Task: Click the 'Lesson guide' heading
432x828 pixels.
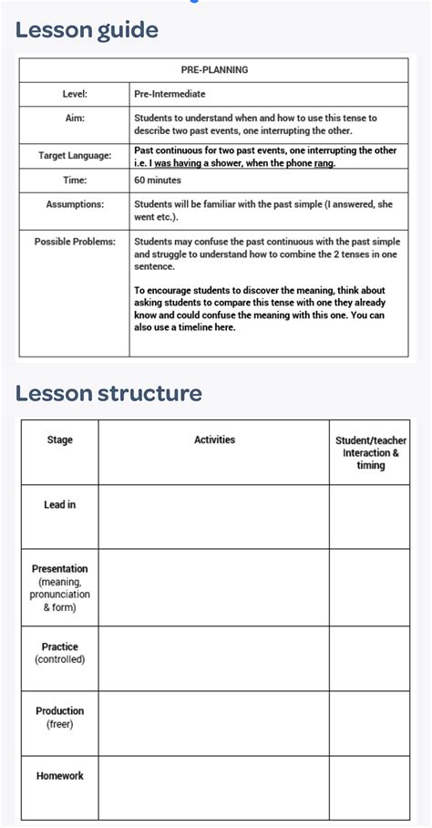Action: (87, 30)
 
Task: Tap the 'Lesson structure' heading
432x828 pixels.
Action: (108, 393)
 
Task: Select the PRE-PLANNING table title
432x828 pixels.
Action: (214, 69)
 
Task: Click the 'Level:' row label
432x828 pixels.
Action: (74, 94)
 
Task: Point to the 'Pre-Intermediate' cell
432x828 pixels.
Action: (170, 94)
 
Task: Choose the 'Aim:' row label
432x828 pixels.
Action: (74, 118)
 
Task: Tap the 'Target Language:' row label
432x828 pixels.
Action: (75, 156)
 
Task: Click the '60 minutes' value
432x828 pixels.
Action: (158, 181)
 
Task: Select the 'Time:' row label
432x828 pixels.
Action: (74, 181)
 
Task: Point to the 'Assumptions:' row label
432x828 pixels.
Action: (75, 205)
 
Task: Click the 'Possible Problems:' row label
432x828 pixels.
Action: (75, 242)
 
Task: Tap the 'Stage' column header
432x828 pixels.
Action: (59, 440)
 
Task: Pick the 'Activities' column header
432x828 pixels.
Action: (214, 440)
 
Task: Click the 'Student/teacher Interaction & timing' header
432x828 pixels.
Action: (370, 452)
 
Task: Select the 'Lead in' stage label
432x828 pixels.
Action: (59, 504)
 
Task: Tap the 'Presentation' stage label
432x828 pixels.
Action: (59, 569)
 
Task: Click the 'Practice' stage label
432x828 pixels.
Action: (59, 647)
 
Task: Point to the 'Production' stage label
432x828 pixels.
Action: (59, 711)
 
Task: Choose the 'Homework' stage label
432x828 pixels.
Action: (59, 776)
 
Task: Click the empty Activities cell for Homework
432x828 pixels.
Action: (214, 787)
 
